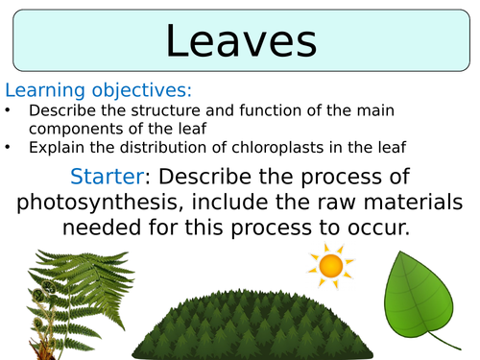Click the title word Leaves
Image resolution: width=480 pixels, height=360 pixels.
point(240,42)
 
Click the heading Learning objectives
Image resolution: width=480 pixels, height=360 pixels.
point(99,91)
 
